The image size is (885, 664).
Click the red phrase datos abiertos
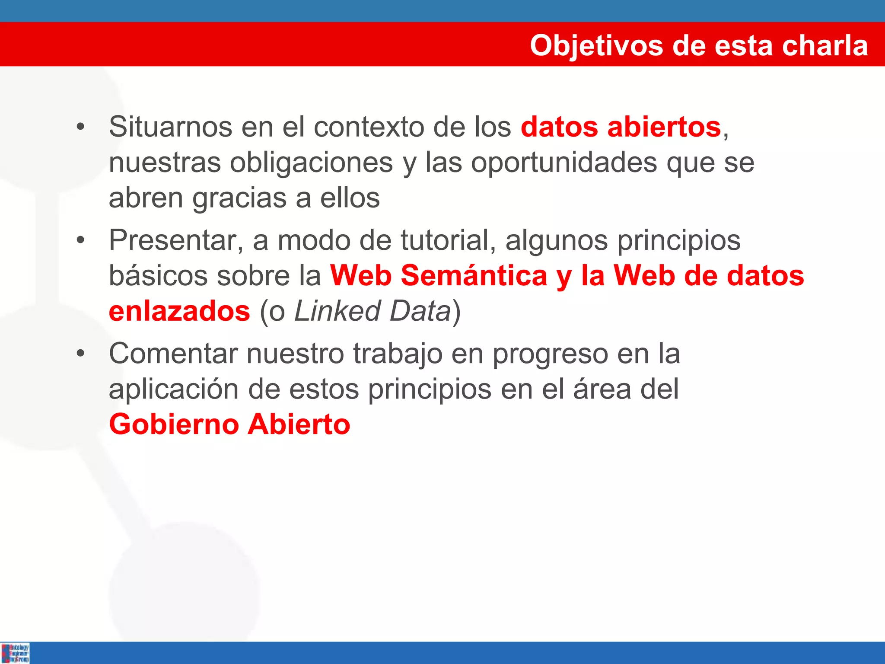(x=621, y=127)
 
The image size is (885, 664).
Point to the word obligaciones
(x=311, y=163)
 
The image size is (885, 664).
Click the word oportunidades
(x=564, y=163)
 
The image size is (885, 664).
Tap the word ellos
(x=350, y=198)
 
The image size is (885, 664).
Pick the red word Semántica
(x=474, y=276)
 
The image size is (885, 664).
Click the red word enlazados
(x=179, y=311)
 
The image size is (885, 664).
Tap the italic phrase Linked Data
(x=372, y=311)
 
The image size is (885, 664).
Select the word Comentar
(x=173, y=354)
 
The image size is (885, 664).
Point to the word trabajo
(x=398, y=354)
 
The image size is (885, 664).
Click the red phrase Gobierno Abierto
(x=229, y=425)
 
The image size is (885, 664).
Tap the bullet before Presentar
(x=80, y=240)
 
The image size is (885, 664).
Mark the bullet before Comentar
(x=80, y=354)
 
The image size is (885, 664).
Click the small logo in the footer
(x=15, y=653)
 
